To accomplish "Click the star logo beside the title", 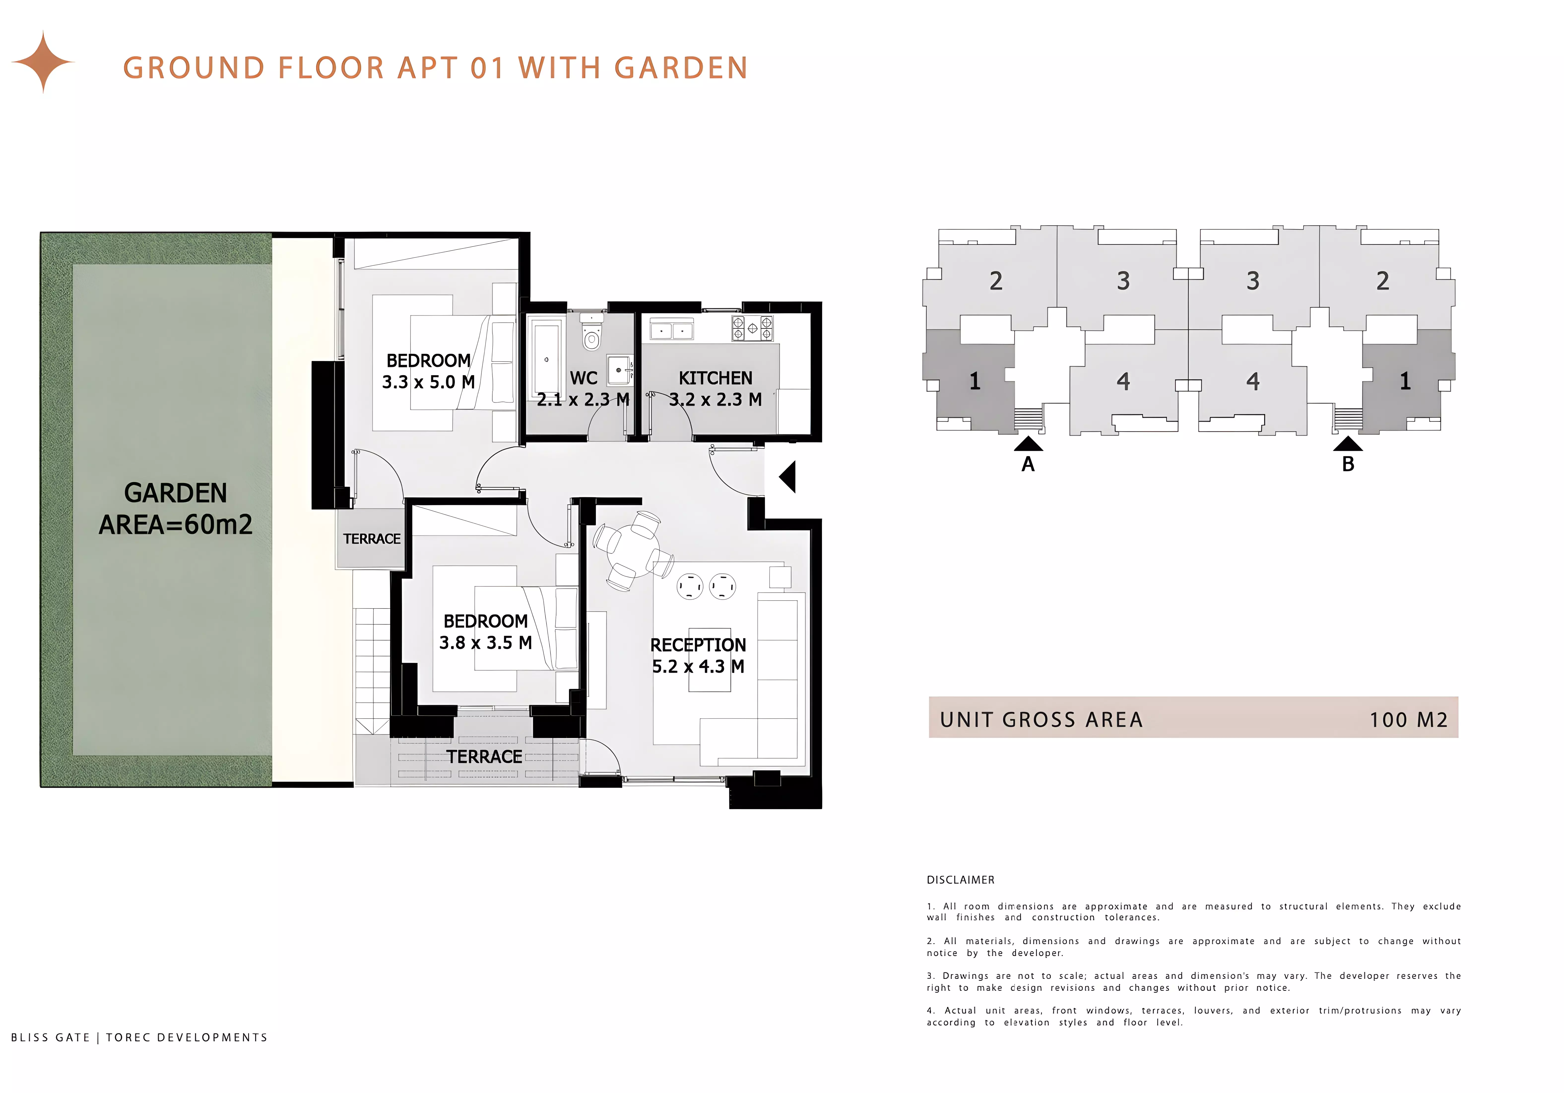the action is click(x=43, y=62).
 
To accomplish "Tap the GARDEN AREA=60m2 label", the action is click(x=176, y=508).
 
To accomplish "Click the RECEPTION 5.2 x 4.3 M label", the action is click(x=698, y=655).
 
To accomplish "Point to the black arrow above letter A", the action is click(x=1028, y=444).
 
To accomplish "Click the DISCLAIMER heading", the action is click(x=960, y=880).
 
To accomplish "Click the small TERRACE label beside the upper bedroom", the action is click(x=372, y=539).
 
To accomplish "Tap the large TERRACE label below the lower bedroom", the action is click(x=484, y=757).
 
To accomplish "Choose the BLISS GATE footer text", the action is click(x=50, y=1037).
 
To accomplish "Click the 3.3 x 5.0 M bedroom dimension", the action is click(x=428, y=382).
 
